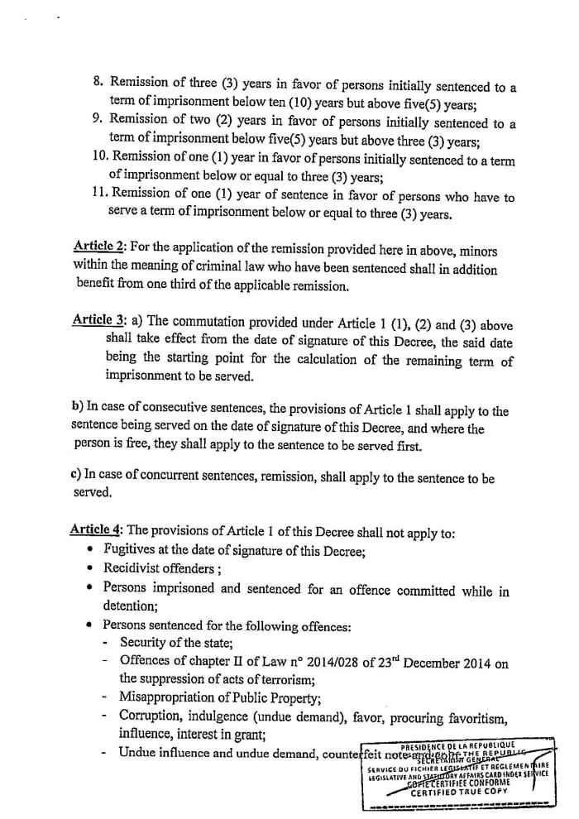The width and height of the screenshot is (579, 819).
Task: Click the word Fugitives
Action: click(x=132, y=549)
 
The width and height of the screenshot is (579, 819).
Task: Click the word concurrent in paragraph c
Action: click(x=186, y=479)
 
